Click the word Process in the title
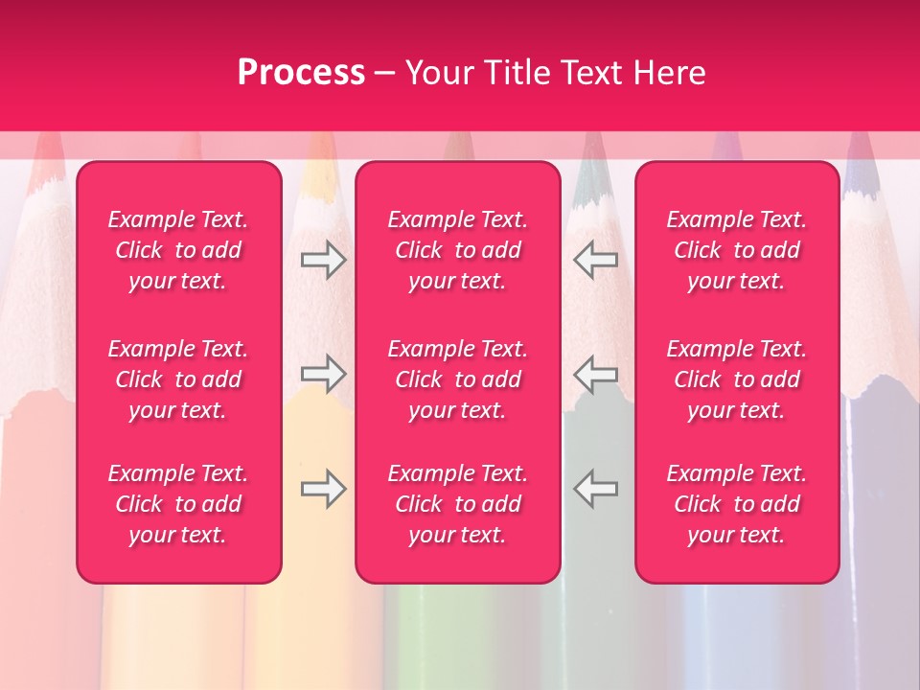(x=301, y=73)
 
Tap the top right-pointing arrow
(x=323, y=260)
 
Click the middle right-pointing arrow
(x=323, y=374)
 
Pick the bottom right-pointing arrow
(x=323, y=488)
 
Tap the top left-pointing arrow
(x=596, y=260)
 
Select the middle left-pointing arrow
(x=596, y=374)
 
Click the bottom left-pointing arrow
(x=596, y=488)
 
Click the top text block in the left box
(x=178, y=250)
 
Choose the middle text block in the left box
(x=178, y=379)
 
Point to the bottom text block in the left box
(x=178, y=504)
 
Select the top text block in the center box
(x=457, y=250)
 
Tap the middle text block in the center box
(x=457, y=379)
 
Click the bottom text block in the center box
(x=457, y=504)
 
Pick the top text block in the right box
(x=736, y=250)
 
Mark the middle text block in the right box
(x=736, y=379)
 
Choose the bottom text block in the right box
(x=736, y=504)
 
